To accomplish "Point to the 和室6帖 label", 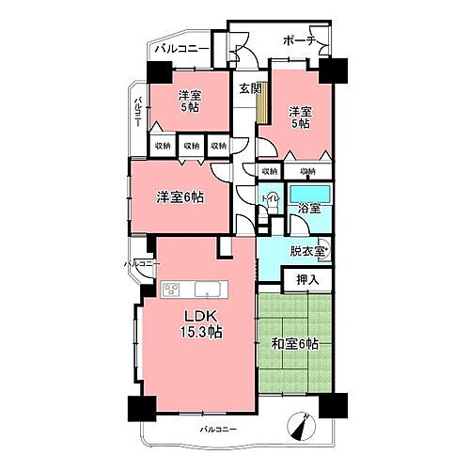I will click(x=293, y=345).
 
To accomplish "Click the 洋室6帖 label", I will click(x=180, y=198).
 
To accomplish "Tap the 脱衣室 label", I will click(x=307, y=251).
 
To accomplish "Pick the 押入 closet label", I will click(x=307, y=279).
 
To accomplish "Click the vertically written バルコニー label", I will click(x=137, y=112).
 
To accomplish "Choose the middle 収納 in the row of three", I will click(x=192, y=146).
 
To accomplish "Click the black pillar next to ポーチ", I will click(x=333, y=68).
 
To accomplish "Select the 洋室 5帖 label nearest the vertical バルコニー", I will click(x=190, y=102).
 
